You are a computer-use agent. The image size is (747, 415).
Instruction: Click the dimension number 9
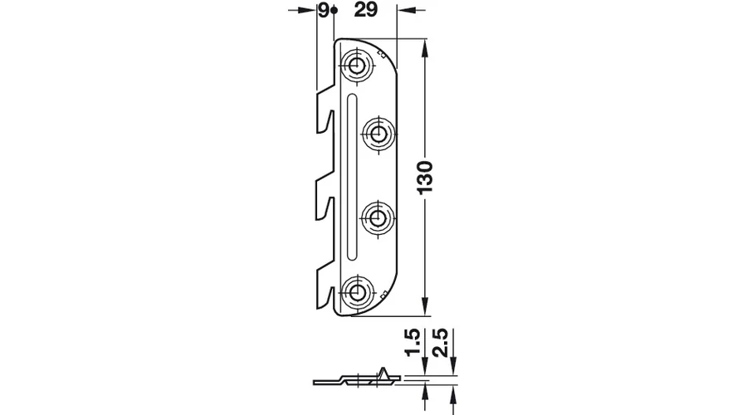tap(324, 10)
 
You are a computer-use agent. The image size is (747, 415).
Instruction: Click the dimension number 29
tap(366, 9)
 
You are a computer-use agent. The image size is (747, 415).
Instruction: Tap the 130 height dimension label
tap(425, 178)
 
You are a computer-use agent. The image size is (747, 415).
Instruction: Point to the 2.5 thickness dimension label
tap(442, 342)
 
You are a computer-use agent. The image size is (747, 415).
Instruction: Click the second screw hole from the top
tap(379, 134)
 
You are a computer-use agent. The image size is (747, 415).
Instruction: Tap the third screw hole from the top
tap(378, 218)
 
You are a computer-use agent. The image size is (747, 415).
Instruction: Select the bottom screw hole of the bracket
tap(355, 291)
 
